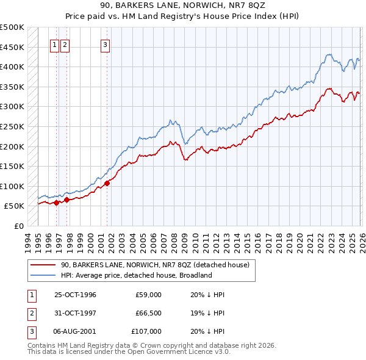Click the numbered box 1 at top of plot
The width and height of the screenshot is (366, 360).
pyautogui.click(x=54, y=44)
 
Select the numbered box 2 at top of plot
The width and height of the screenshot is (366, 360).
pyautogui.click(x=65, y=44)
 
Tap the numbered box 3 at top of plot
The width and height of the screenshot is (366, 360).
pyautogui.click(x=105, y=44)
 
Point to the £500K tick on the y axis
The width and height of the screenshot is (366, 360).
pyautogui.click(x=12, y=27)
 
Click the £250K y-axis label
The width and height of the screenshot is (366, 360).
pyautogui.click(x=12, y=126)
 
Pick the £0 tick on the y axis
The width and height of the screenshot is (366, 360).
pyautogui.click(x=20, y=226)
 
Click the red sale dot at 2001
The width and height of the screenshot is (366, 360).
pyautogui.click(x=107, y=183)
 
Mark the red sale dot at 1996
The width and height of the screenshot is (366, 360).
pyautogui.click(x=57, y=203)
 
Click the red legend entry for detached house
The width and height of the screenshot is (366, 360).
pyautogui.click(x=155, y=265)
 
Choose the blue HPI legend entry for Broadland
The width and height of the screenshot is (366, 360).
pyautogui.click(x=136, y=275)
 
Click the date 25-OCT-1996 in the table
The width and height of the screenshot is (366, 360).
pyautogui.click(x=75, y=295)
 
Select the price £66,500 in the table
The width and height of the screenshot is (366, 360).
pyautogui.click(x=148, y=313)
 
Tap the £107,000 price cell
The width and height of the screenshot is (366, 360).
pyautogui.click(x=146, y=331)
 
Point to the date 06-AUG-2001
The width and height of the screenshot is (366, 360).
pyautogui.click(x=75, y=331)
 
